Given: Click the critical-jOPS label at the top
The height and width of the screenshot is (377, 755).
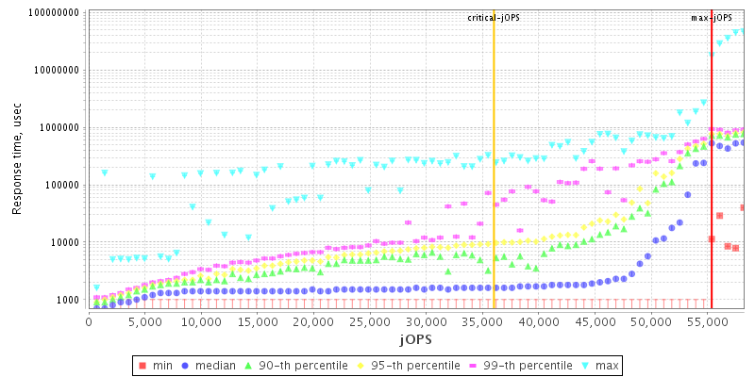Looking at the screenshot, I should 495,18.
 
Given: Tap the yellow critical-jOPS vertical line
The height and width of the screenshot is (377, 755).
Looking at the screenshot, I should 494,188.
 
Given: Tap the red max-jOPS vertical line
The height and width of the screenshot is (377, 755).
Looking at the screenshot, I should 712,188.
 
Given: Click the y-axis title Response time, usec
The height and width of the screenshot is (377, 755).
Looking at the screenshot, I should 17,158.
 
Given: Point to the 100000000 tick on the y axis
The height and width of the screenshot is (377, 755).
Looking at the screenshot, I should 52,13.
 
